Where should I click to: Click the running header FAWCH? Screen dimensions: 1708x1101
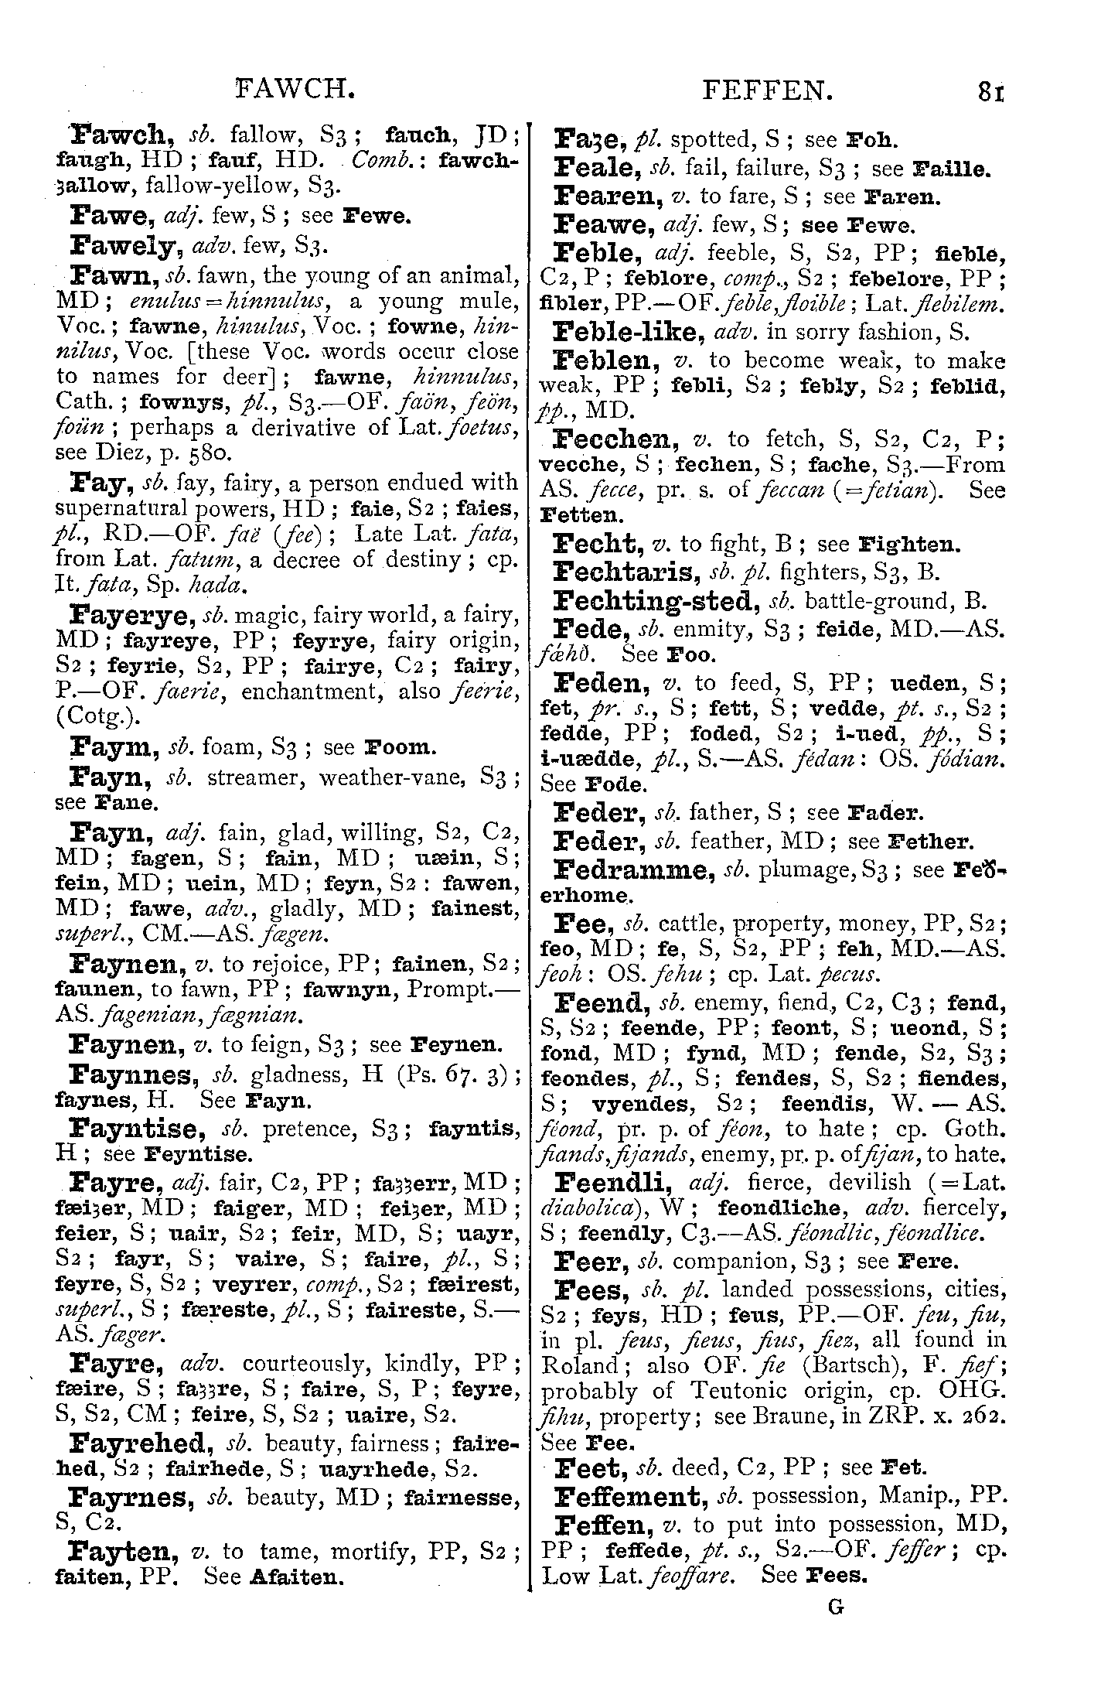(295, 92)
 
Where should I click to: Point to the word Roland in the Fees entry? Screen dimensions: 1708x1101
(580, 1365)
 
